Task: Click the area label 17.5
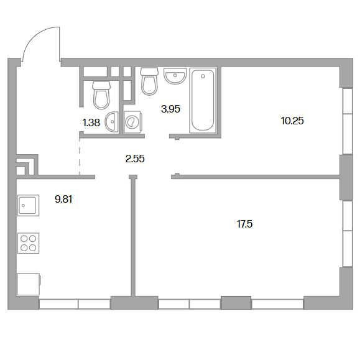(x=244, y=224)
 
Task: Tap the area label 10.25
(x=292, y=121)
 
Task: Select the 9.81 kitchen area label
(x=63, y=199)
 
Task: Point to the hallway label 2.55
(x=135, y=159)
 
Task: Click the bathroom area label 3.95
(x=170, y=109)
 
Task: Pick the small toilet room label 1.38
(x=91, y=123)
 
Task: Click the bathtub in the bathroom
(x=203, y=100)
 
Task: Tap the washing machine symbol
(x=132, y=122)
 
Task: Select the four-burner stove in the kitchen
(x=29, y=243)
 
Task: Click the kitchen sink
(x=29, y=205)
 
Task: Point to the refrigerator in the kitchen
(x=29, y=284)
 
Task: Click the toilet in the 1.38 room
(x=101, y=95)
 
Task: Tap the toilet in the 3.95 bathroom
(x=149, y=81)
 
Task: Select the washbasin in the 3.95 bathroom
(x=175, y=76)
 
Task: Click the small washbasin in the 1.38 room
(x=112, y=122)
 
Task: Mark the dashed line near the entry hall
(x=80, y=157)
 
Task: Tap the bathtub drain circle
(x=203, y=76)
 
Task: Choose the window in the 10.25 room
(x=348, y=121)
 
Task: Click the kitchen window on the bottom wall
(x=75, y=304)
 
